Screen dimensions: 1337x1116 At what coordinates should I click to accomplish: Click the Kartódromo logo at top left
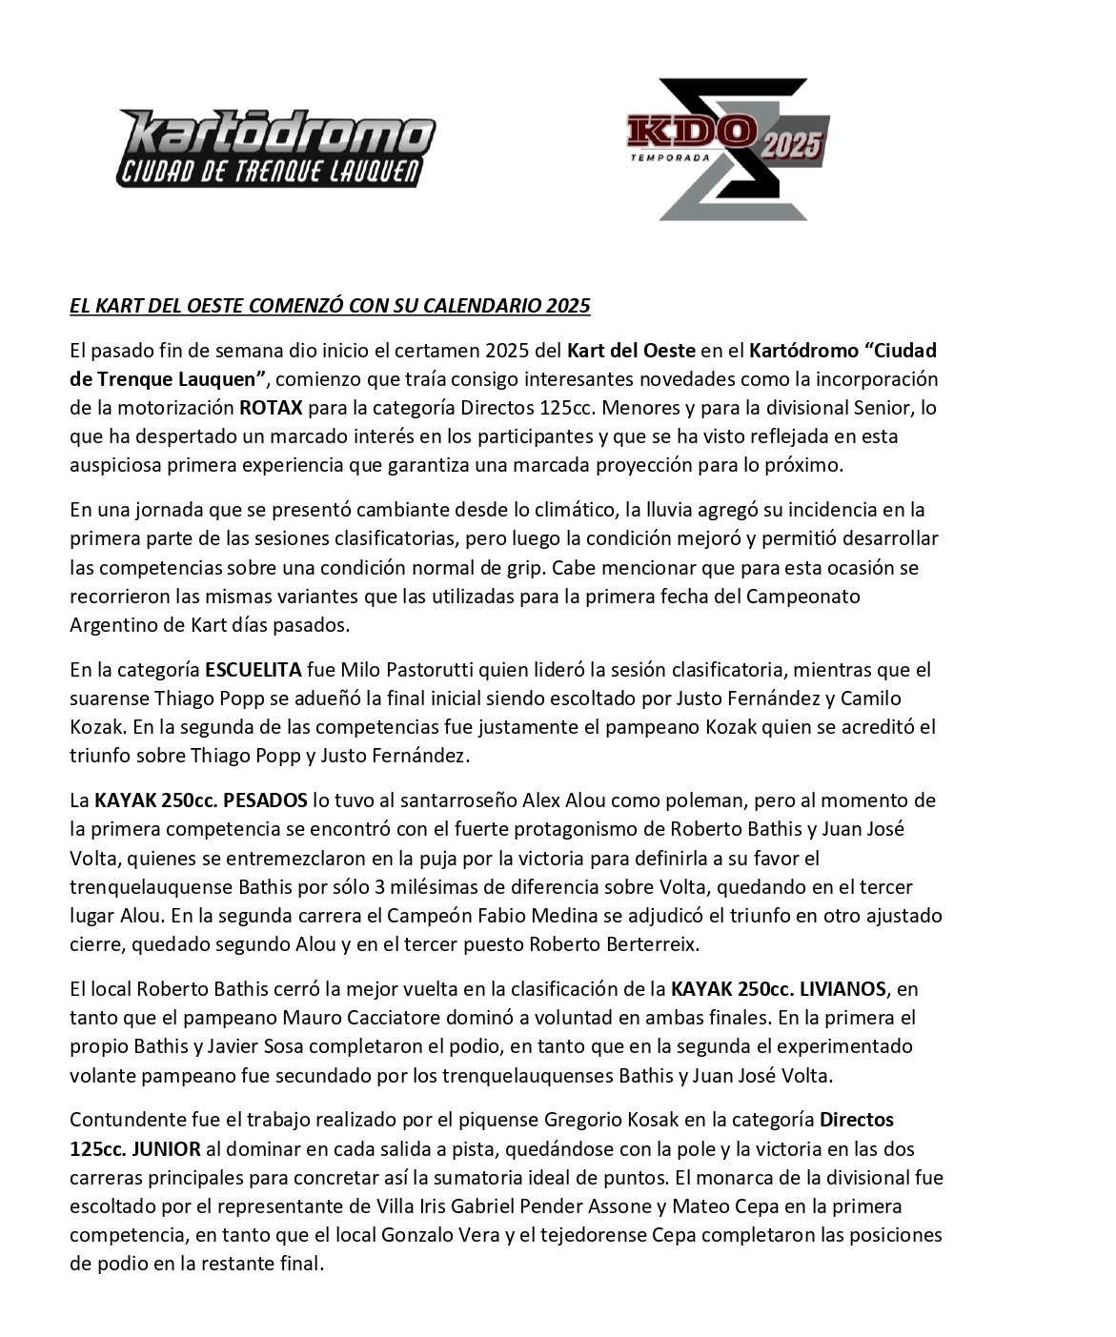275,148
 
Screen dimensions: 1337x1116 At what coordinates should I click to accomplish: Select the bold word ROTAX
271,408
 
